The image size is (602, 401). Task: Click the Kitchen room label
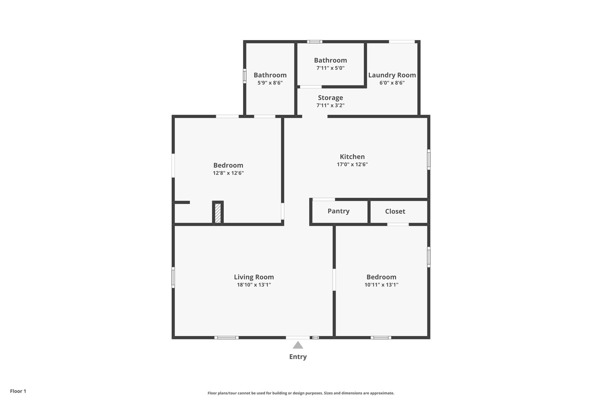(352, 157)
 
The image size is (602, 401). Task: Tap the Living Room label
(254, 277)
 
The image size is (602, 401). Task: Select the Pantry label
(339, 211)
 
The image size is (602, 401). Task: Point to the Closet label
(395, 211)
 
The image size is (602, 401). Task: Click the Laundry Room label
(392, 75)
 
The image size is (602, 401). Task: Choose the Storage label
(330, 98)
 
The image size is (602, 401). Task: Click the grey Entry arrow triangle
(298, 345)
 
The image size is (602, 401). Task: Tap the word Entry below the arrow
(298, 357)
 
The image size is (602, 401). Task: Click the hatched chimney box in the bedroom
(218, 213)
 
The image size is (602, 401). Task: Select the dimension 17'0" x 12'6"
(352, 164)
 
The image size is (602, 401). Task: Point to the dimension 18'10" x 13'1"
(254, 285)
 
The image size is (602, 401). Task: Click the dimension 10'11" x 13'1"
(381, 285)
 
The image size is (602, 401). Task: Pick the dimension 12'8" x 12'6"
(228, 173)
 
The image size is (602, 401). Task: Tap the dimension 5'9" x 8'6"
(270, 83)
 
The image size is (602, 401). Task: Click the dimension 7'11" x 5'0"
(330, 68)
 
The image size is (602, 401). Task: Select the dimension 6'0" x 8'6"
(392, 83)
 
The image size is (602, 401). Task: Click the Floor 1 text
(18, 391)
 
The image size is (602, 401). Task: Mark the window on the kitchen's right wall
(429, 160)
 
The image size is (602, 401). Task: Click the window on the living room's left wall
(173, 277)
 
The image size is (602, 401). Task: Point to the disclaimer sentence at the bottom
(301, 393)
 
